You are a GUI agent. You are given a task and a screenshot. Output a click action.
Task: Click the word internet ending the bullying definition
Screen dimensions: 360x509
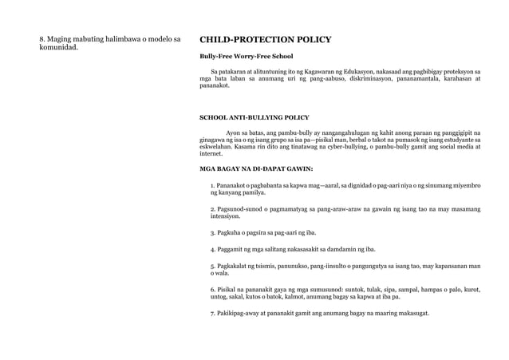(x=211, y=153)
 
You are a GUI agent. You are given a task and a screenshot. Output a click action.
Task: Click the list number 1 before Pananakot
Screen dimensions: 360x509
(x=212, y=185)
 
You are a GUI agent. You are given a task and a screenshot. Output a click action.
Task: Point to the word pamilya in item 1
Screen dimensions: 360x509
(x=253, y=192)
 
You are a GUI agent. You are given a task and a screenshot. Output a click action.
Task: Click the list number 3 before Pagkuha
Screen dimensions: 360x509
(x=212, y=232)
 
